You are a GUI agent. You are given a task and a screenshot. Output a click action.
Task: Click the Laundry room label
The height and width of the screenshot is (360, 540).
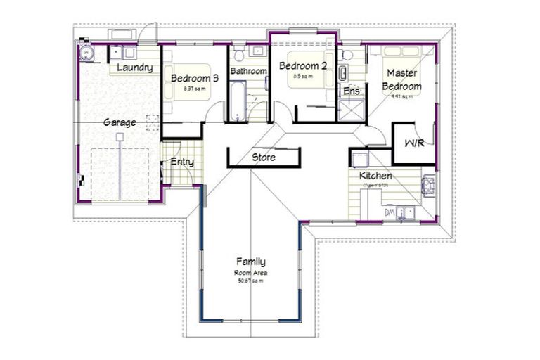point(135,67)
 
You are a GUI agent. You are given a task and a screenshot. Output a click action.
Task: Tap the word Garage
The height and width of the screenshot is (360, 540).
point(120,122)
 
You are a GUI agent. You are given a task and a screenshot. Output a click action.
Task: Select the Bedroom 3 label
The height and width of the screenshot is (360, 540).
point(195,78)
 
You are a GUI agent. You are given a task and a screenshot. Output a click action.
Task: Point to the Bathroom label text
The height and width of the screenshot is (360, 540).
point(249,72)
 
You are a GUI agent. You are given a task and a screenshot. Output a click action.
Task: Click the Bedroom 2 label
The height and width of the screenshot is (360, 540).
point(303,66)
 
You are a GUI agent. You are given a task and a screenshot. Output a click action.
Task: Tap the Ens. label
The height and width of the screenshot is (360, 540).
point(351,91)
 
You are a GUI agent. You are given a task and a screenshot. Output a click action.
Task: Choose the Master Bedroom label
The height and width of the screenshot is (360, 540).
point(401,79)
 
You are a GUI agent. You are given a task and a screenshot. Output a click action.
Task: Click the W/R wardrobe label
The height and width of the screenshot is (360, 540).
point(413,143)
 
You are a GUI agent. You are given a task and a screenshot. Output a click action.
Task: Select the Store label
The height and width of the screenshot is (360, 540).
point(263,157)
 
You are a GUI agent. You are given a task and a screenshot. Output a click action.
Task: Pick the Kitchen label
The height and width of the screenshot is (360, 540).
point(375,176)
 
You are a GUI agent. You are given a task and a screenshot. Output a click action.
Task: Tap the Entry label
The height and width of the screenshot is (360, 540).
point(182,162)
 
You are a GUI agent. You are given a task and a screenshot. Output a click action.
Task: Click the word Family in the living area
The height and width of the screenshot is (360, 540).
point(251,262)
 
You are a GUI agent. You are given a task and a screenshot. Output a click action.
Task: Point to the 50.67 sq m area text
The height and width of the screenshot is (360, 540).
point(251,281)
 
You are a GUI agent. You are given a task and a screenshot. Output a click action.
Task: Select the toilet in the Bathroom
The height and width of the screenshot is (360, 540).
point(239,55)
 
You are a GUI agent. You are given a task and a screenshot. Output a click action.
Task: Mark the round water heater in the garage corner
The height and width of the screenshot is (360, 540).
point(87,53)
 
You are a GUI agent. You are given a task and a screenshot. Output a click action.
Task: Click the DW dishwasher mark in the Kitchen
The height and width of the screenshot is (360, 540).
point(388,212)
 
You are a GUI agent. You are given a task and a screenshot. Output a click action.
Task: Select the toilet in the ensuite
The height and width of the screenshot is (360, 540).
point(347,56)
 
